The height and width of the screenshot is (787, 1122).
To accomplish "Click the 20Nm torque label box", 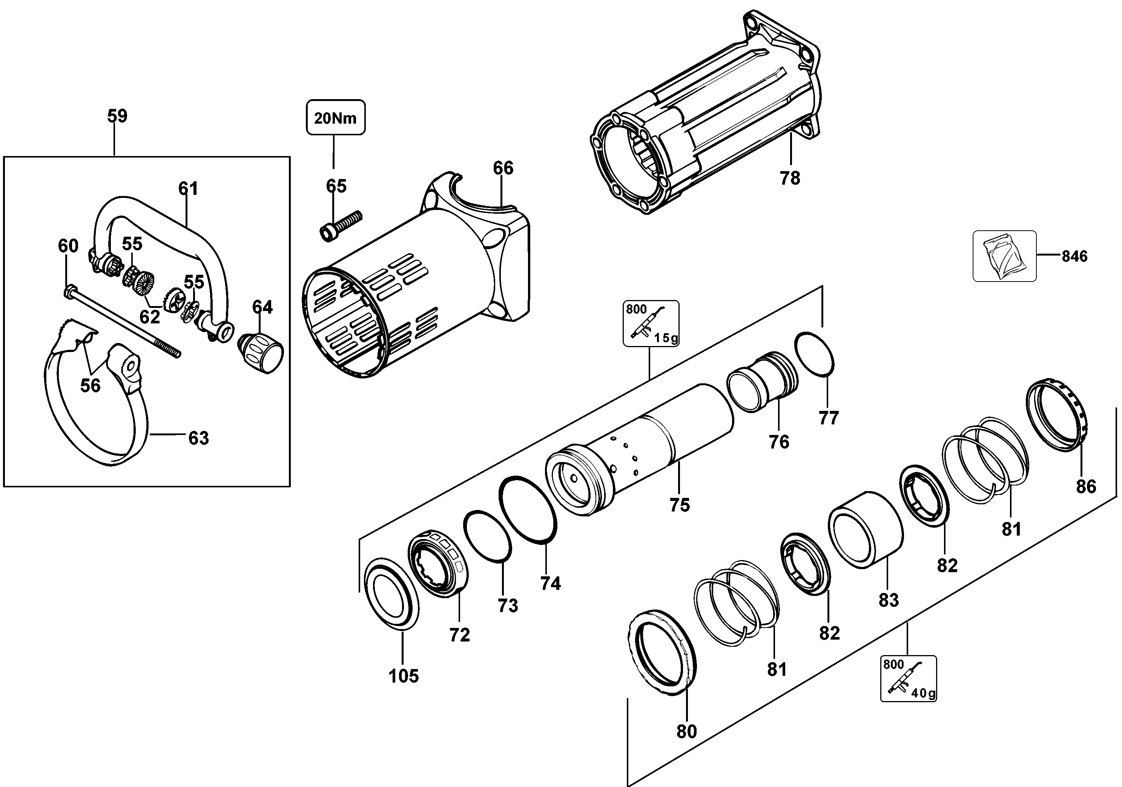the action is click(336, 117).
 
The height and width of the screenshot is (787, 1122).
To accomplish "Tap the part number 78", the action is click(790, 178).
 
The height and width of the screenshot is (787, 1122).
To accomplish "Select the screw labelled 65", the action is click(341, 226).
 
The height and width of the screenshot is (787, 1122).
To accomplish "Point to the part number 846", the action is click(1074, 256).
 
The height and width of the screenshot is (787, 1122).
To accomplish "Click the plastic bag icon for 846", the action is click(1004, 256).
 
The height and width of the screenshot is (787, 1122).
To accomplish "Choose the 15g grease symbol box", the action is click(651, 323).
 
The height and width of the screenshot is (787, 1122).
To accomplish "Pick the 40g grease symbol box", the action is click(909, 678).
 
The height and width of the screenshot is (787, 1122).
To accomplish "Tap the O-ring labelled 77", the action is click(814, 354).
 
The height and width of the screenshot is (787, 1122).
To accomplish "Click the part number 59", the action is click(117, 116).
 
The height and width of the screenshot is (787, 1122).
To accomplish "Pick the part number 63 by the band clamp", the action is click(198, 438).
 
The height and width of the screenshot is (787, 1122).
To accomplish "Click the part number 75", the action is click(680, 505).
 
